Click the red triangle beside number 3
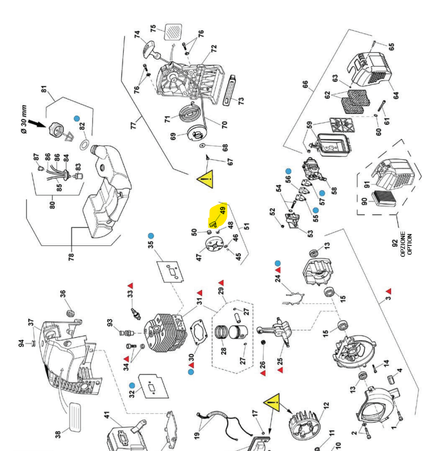click(x=389, y=291)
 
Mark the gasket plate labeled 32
click(x=149, y=387)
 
